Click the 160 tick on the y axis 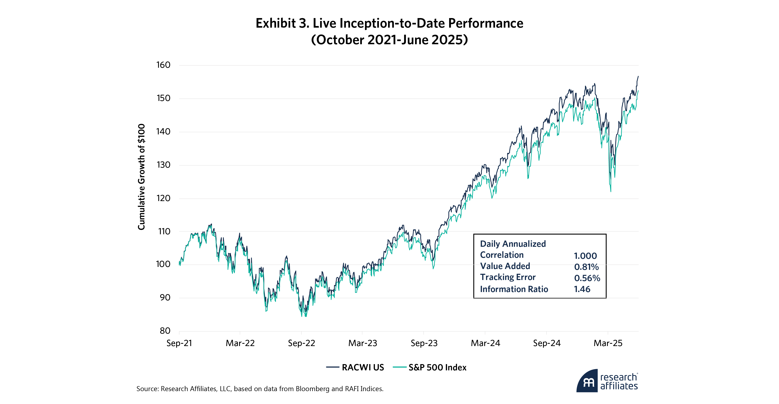(163, 65)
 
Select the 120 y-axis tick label (163, 198)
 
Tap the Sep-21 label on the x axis (179, 343)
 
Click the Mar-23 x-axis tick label (362, 343)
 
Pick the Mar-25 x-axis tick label (608, 343)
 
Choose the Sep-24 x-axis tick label (547, 343)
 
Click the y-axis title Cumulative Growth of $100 (141, 177)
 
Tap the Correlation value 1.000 (585, 256)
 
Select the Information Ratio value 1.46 (582, 289)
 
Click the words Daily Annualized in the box (513, 244)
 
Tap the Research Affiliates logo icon (587, 381)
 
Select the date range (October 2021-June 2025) (389, 40)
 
